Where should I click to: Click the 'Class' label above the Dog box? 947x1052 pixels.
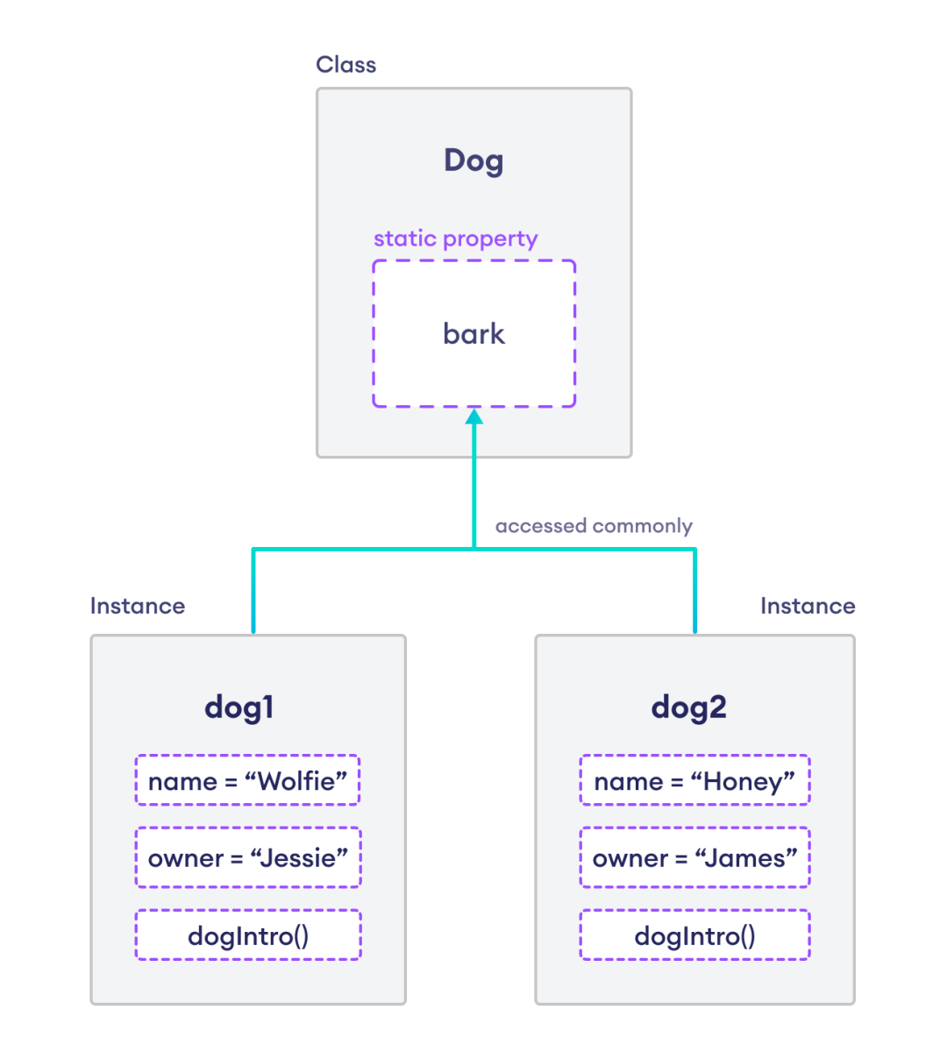click(x=345, y=65)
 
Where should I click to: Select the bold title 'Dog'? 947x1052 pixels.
click(x=473, y=161)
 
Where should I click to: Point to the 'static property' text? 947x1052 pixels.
click(x=455, y=238)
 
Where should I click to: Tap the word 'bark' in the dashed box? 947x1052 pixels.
click(x=473, y=334)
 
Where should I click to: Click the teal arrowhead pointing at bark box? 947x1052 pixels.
click(x=474, y=417)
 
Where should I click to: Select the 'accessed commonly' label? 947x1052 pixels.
click(x=594, y=526)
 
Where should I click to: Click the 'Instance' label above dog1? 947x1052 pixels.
click(x=138, y=606)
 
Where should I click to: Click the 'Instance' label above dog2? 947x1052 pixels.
click(x=807, y=606)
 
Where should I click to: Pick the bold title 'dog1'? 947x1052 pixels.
click(x=239, y=707)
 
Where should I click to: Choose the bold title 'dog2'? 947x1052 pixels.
click(x=688, y=707)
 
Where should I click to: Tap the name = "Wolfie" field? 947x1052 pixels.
click(x=247, y=780)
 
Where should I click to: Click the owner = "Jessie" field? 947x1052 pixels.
click(x=247, y=857)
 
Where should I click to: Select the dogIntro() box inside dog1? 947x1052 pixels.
click(x=247, y=935)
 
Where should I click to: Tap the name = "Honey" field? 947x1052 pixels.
click(x=694, y=780)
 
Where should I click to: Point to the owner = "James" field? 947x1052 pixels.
click(x=694, y=857)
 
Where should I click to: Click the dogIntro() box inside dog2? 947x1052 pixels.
click(x=694, y=935)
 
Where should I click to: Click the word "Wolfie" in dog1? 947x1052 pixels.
click(x=297, y=781)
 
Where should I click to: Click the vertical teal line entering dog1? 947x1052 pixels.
click(x=253, y=596)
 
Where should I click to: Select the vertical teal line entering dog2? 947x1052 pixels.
click(x=695, y=596)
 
